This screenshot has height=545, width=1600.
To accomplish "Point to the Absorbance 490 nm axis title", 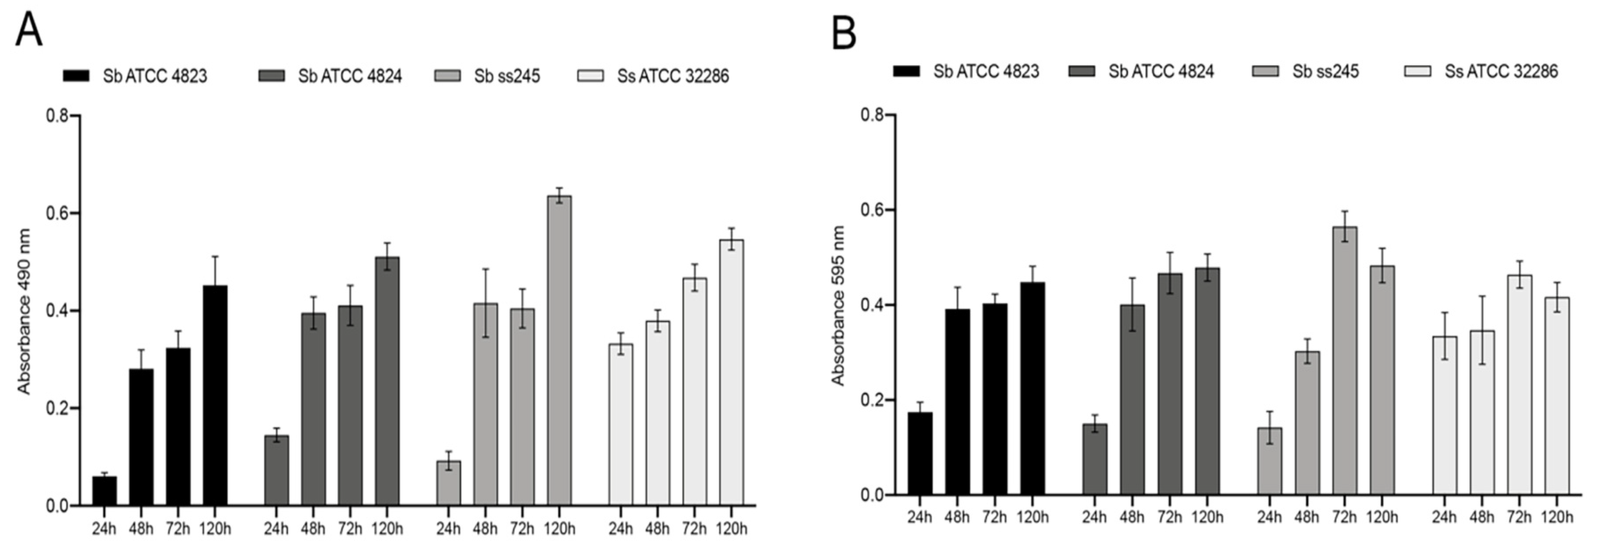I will (24, 311).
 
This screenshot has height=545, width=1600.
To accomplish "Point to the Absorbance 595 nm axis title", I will (838, 306).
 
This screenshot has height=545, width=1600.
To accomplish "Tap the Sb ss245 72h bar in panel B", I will (1345, 360).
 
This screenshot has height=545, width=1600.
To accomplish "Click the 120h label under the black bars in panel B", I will (1032, 516).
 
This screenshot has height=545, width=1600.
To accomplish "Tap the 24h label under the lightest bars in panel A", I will (621, 529).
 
